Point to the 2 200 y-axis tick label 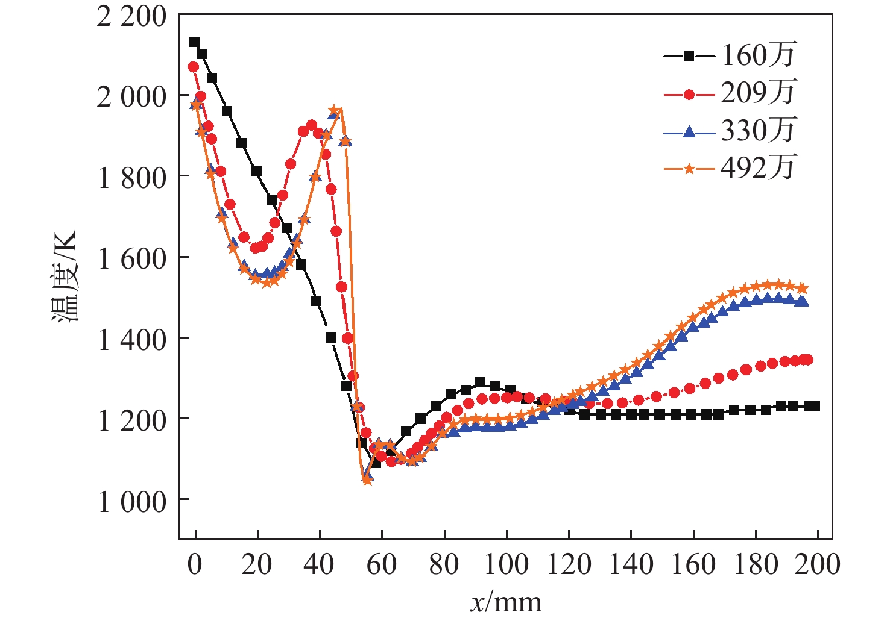coord(131,16)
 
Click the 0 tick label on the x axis coord(194,564)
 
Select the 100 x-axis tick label coord(507,564)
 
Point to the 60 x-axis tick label coord(382,564)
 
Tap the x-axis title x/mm coord(506,602)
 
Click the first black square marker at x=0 coord(194,42)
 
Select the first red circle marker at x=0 coord(193,67)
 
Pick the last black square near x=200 coord(815,406)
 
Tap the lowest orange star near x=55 coord(367,481)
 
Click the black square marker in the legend coord(689,56)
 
